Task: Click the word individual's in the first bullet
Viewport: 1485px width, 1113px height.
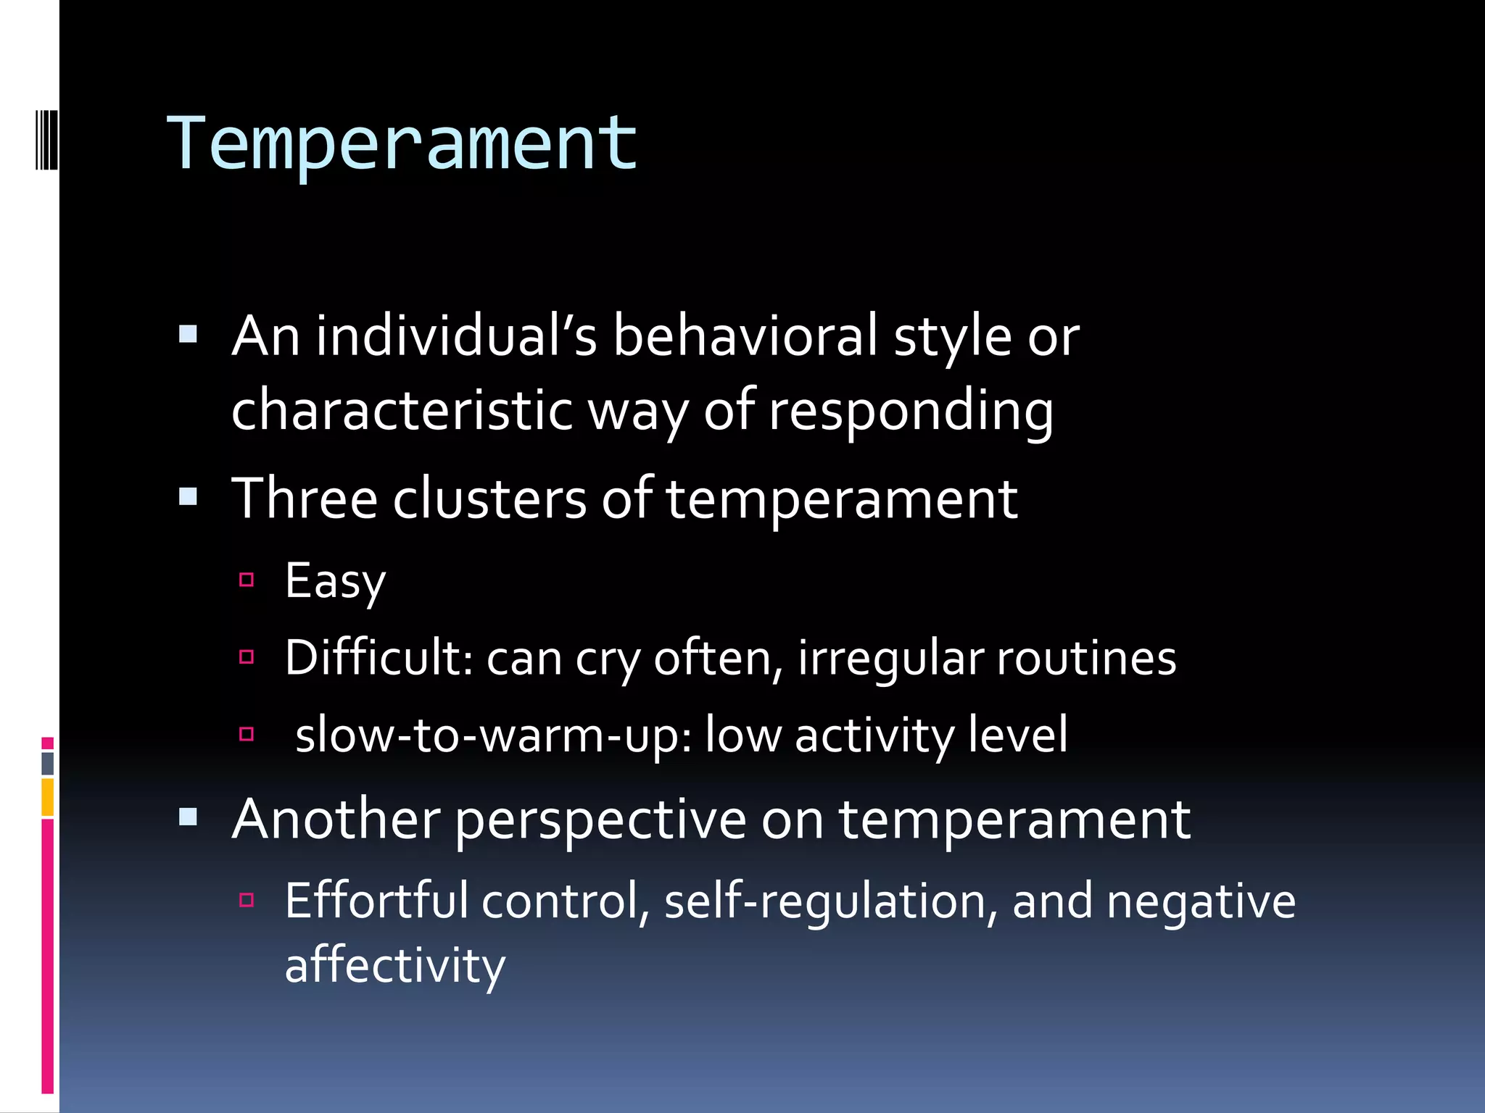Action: point(456,336)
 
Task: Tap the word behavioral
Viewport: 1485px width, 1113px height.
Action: point(745,336)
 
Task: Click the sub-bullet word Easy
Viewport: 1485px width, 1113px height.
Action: point(335,581)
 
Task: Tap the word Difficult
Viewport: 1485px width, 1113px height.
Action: point(379,658)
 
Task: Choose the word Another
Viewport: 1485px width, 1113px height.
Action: point(336,820)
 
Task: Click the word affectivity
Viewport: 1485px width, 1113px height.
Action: point(394,966)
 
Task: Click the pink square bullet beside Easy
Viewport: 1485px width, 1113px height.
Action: point(247,580)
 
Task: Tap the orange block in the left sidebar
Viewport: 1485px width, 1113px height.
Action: point(48,797)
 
